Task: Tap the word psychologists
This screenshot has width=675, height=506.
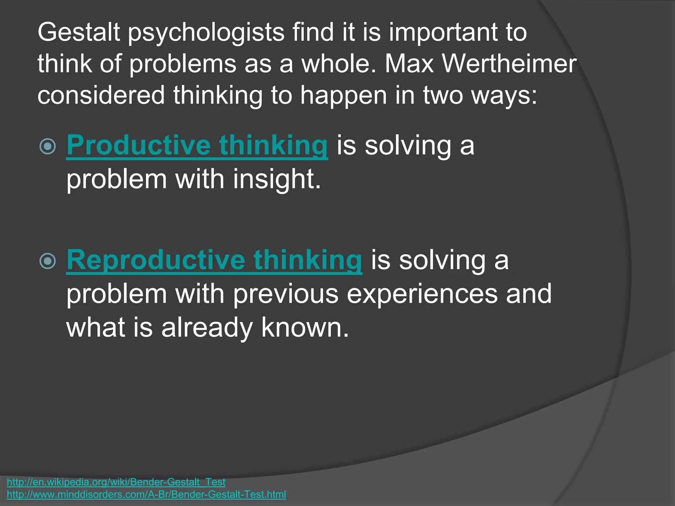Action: point(206,33)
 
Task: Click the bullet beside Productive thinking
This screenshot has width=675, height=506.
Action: point(48,146)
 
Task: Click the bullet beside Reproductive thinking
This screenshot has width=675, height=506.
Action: point(48,261)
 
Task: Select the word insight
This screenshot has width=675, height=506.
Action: point(277,180)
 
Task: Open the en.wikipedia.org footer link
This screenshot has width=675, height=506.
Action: point(116,482)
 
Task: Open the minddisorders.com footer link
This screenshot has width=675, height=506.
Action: point(146,494)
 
